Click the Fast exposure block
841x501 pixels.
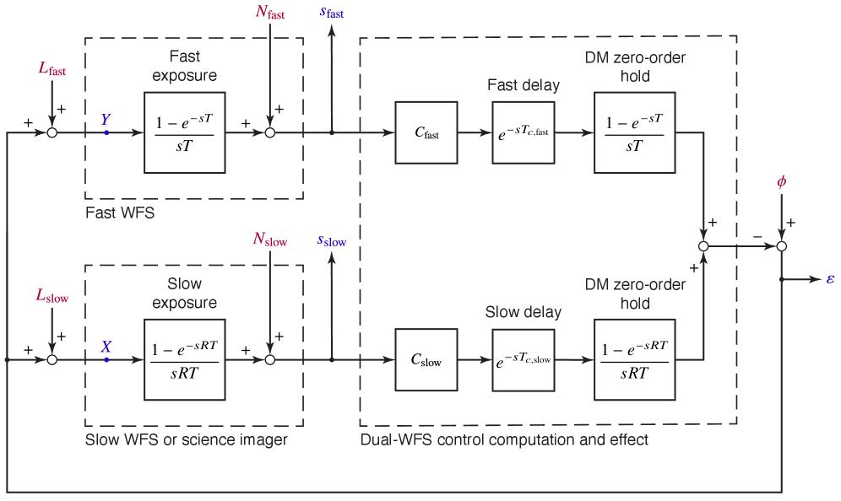tap(184, 132)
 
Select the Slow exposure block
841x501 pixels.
tap(184, 359)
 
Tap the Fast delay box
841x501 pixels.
tap(524, 132)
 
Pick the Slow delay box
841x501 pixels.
tap(524, 359)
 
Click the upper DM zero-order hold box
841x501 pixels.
tap(634, 132)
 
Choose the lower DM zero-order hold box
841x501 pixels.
tap(634, 359)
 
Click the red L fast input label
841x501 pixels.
tap(52, 69)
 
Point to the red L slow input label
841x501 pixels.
tap(52, 295)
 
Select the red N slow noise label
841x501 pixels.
tap(270, 239)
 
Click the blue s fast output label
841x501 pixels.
tap(332, 12)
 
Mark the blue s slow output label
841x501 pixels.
tap(332, 240)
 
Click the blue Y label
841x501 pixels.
tap(106, 119)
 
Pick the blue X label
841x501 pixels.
tap(106, 346)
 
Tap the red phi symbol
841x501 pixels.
tap(782, 182)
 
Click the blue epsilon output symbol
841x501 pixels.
tap(830, 278)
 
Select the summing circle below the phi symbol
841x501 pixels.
tap(782, 246)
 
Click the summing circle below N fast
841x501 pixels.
tap(270, 132)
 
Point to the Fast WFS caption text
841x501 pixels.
tap(120, 213)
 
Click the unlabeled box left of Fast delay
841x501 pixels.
tap(426, 132)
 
